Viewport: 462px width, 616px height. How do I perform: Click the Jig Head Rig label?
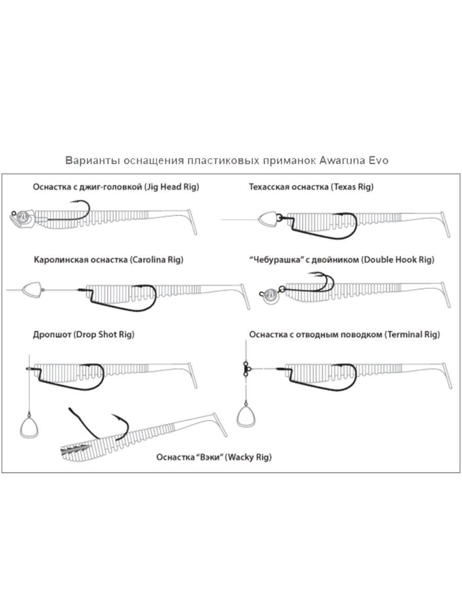click(116, 187)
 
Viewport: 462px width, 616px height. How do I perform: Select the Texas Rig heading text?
click(311, 187)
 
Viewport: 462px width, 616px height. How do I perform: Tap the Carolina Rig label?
click(108, 260)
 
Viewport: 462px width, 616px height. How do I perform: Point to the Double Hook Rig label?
click(341, 260)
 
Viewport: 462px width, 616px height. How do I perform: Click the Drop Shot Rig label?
click(83, 335)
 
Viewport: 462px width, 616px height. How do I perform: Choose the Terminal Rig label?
click(344, 335)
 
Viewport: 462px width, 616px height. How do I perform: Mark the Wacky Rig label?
click(214, 457)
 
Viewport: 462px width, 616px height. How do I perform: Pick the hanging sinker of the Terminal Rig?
click(246, 416)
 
